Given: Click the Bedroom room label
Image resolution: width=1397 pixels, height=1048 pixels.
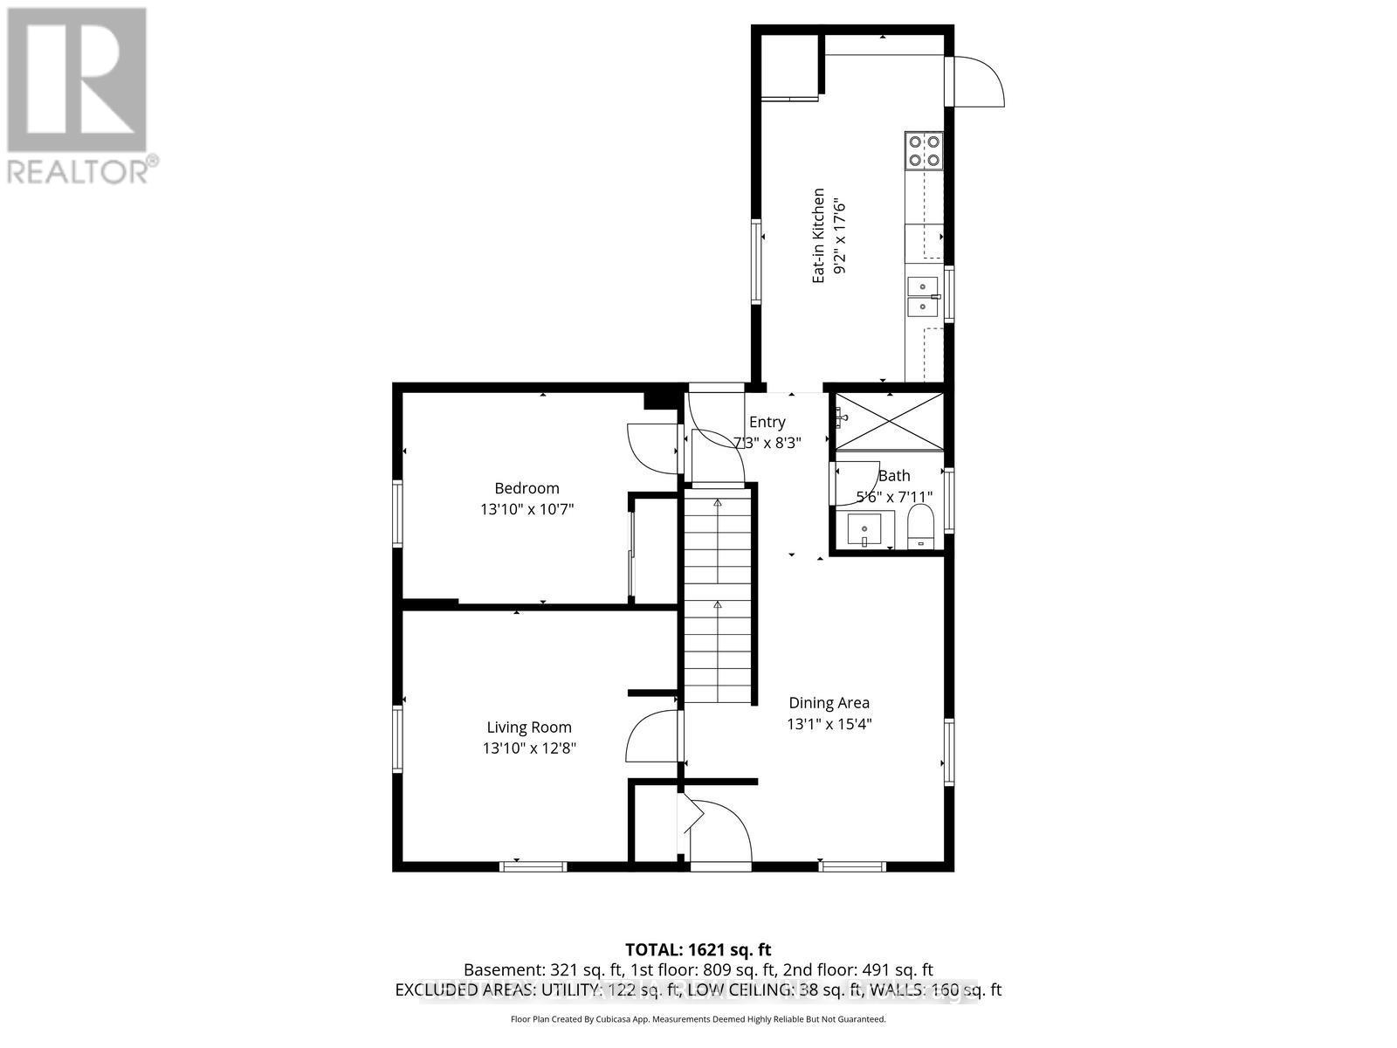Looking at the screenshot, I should tap(526, 488).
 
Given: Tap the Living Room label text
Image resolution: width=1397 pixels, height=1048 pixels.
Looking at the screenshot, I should tap(529, 727).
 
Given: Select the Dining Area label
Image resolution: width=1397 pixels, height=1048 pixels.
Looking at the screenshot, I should tap(829, 702).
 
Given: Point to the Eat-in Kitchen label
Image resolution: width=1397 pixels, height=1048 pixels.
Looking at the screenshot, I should tap(818, 235).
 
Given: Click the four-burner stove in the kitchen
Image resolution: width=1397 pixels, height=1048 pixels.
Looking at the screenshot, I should tap(924, 149).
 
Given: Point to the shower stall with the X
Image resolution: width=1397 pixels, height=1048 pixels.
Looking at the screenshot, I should tap(889, 422).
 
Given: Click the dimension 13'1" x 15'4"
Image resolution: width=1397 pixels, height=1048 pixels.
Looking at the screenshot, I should tap(829, 723).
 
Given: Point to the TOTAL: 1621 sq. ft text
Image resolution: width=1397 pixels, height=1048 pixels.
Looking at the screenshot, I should tap(698, 949).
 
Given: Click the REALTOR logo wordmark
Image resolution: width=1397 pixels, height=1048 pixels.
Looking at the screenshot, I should tap(82, 170).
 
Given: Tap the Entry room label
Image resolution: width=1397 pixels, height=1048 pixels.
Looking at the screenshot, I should tap(767, 422).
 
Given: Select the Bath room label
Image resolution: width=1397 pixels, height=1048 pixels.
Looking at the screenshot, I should tap(893, 475).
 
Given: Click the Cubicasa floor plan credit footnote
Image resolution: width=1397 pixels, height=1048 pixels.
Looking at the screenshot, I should tap(698, 1019).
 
